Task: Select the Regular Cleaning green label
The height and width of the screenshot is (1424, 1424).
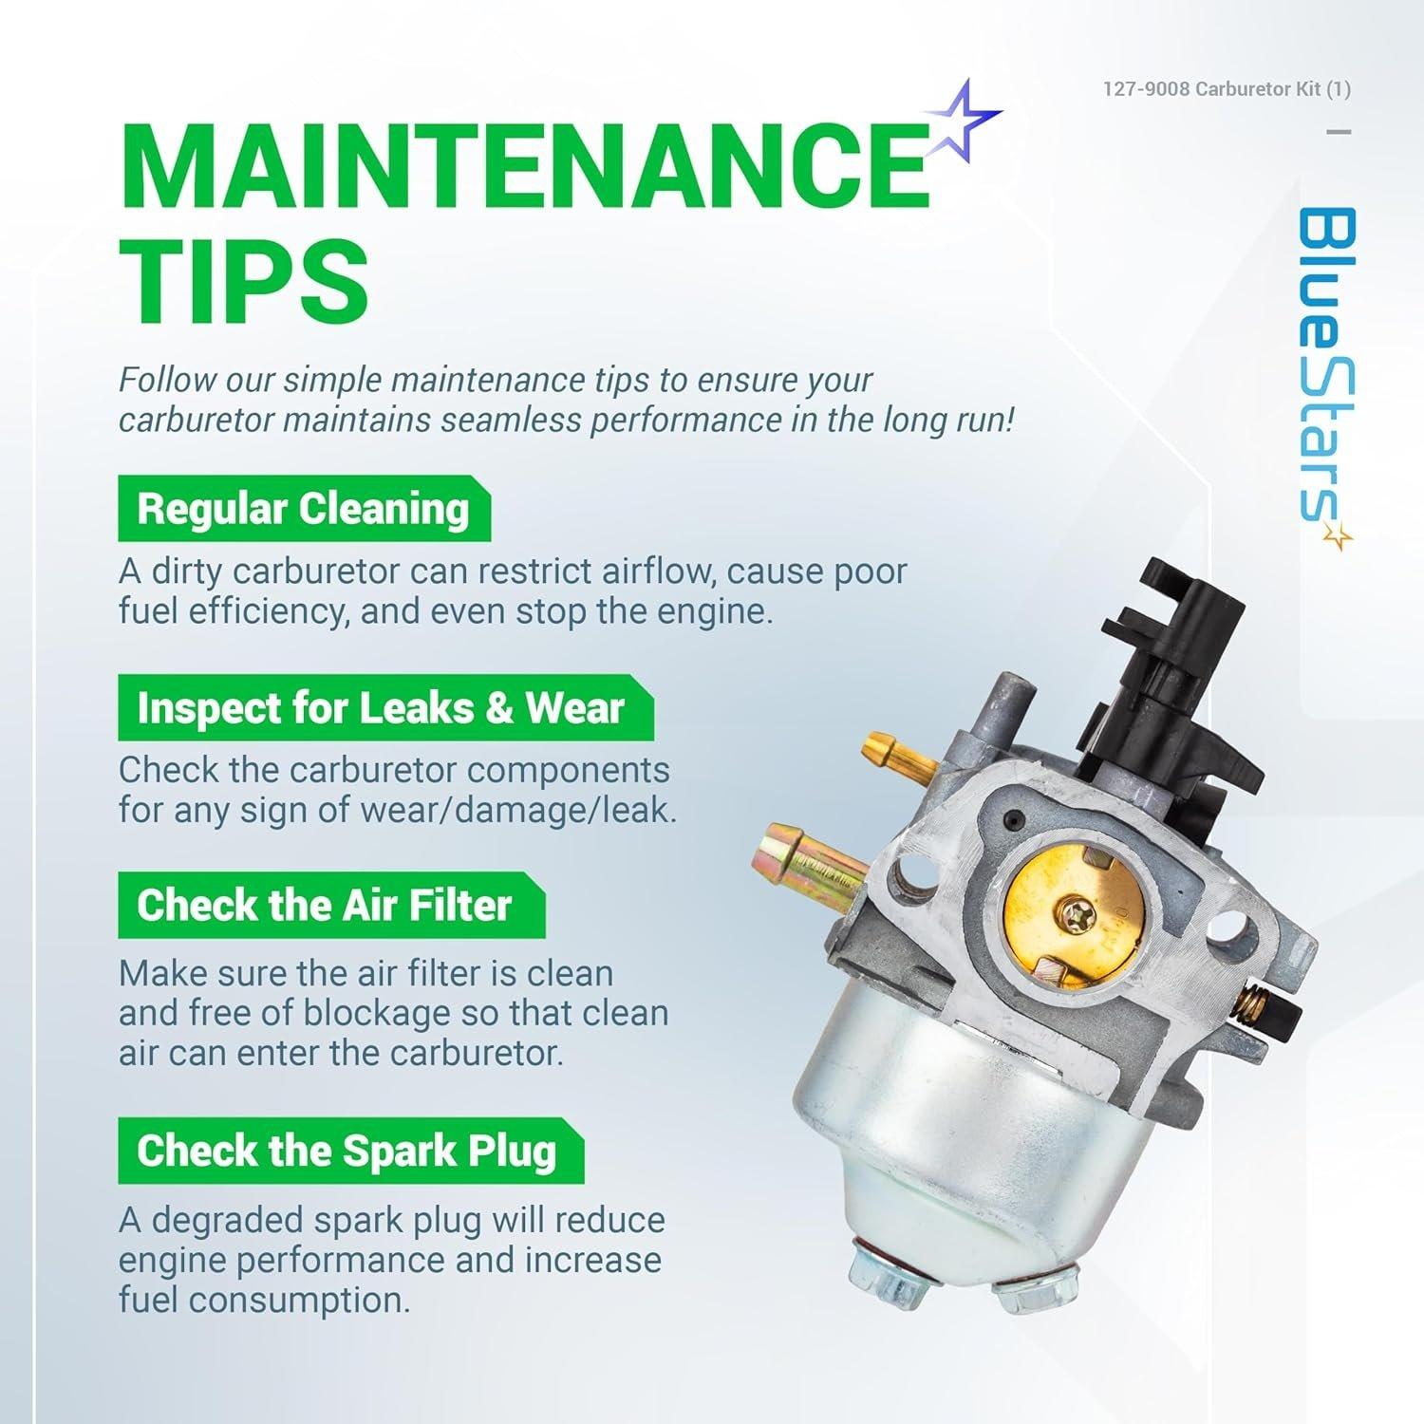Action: [x=304, y=510]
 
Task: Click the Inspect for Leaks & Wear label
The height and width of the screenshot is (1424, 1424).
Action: [x=385, y=708]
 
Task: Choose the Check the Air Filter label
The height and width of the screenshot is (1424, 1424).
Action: [x=331, y=906]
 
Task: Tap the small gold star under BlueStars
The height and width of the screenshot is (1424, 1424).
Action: [x=1339, y=538]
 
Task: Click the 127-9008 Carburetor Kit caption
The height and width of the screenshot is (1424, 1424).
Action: [x=1227, y=89]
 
